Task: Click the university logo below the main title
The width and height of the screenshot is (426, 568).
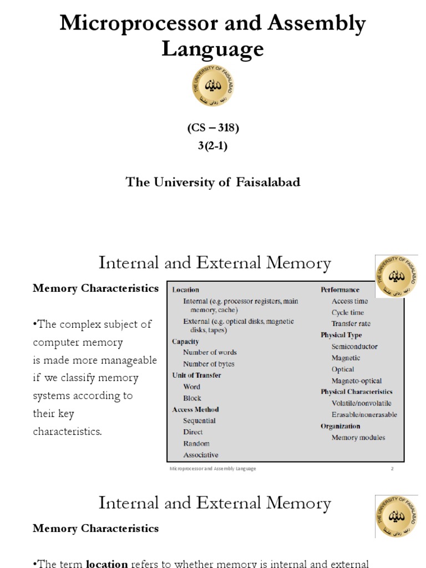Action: pyautogui.click(x=213, y=85)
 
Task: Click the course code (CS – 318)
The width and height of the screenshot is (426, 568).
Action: pyautogui.click(x=213, y=128)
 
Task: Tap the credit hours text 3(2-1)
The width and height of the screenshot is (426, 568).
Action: pyautogui.click(x=213, y=146)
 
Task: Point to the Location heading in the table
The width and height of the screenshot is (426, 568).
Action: pyautogui.click(x=186, y=290)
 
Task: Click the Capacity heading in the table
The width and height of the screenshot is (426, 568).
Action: pyautogui.click(x=185, y=342)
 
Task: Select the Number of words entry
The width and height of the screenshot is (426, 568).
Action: pyautogui.click(x=210, y=352)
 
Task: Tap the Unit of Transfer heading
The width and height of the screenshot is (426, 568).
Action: pyautogui.click(x=196, y=375)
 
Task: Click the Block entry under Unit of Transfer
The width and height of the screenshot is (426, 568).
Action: pyautogui.click(x=192, y=398)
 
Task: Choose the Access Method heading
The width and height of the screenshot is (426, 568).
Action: pyautogui.click(x=195, y=409)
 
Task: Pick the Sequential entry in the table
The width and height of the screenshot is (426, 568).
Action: pyautogui.click(x=199, y=420)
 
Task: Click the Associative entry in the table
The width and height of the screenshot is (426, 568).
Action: pyautogui.click(x=201, y=455)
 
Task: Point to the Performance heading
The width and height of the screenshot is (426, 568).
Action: pyautogui.click(x=339, y=290)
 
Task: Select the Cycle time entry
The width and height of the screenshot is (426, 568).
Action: pyautogui.click(x=348, y=312)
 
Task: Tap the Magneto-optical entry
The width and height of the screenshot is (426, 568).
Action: pyautogui.click(x=357, y=381)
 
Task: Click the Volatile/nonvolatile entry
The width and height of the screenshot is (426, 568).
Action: pyautogui.click(x=361, y=403)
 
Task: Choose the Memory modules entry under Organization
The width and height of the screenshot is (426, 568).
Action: pyautogui.click(x=358, y=437)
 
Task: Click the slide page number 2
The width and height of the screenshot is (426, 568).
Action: pyautogui.click(x=392, y=469)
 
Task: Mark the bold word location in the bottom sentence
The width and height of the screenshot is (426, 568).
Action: pyautogui.click(x=106, y=564)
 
